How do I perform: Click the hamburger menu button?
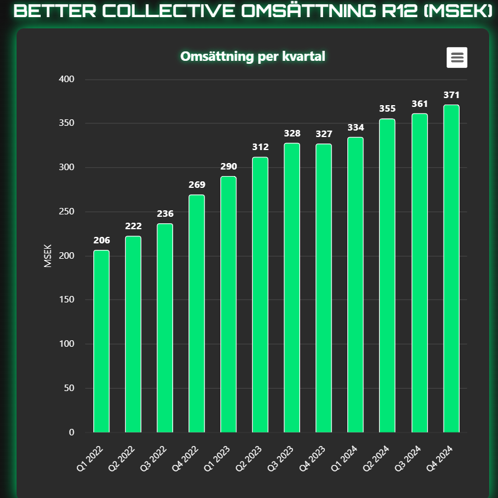(x=457, y=57)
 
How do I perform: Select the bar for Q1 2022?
(x=102, y=341)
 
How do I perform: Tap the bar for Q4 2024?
(x=451, y=268)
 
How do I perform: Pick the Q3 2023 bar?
(x=292, y=288)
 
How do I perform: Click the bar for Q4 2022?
(x=197, y=314)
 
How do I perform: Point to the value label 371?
(x=451, y=95)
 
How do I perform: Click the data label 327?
(x=324, y=134)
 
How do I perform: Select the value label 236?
(x=165, y=214)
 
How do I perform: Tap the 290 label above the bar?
(x=229, y=167)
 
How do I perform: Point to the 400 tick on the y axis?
(x=66, y=79)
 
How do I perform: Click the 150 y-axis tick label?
(x=66, y=300)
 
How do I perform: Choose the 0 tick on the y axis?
(x=71, y=432)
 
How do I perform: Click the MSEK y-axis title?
(x=48, y=256)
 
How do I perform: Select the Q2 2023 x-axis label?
(x=249, y=458)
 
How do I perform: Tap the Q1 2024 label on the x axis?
(x=344, y=458)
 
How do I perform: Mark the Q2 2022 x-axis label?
(x=122, y=458)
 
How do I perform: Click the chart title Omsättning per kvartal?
(x=253, y=57)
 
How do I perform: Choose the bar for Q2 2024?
(x=387, y=275)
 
